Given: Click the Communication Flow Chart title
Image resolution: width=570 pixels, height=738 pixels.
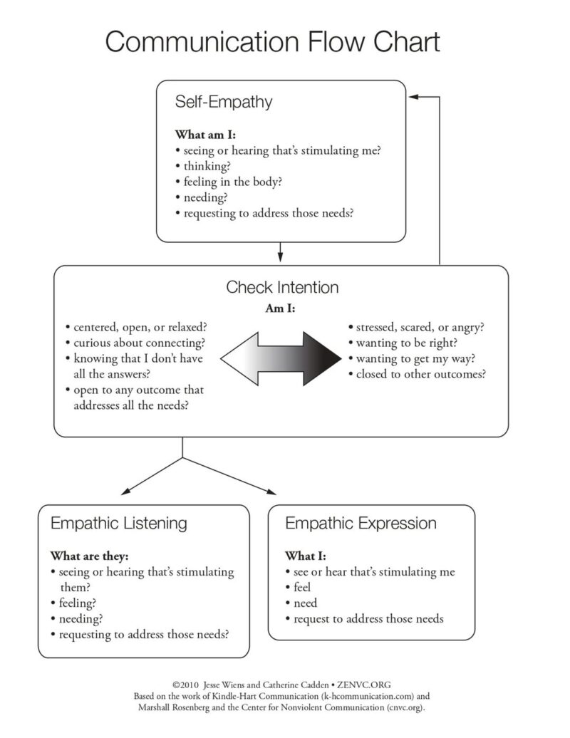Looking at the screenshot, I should pyautogui.click(x=273, y=42).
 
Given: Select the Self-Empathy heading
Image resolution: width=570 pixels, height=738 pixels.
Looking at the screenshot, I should pyautogui.click(x=224, y=102).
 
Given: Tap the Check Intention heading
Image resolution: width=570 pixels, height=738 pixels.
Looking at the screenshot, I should pyautogui.click(x=282, y=288).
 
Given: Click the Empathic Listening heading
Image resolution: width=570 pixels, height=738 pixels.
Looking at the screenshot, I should pyautogui.click(x=119, y=524).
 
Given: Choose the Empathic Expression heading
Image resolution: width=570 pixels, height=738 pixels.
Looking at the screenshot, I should pyautogui.click(x=361, y=524).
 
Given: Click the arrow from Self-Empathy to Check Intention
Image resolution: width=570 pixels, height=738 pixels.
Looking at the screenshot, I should pyautogui.click(x=281, y=252).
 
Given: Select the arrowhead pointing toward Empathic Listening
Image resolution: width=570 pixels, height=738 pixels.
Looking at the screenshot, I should pyautogui.click(x=126, y=490).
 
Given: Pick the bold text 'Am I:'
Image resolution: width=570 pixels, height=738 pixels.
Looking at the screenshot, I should pyautogui.click(x=281, y=310).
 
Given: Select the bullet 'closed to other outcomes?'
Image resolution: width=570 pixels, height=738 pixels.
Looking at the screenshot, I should pyautogui.click(x=420, y=374).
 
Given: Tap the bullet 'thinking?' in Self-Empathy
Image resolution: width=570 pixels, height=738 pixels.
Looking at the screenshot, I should pyautogui.click(x=207, y=165).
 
